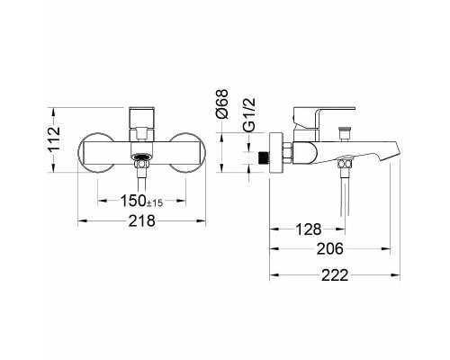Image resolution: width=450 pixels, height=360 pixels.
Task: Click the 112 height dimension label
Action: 55,139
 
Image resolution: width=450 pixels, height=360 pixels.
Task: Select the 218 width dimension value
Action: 142,221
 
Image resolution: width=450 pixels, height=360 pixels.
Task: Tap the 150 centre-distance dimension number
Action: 133,201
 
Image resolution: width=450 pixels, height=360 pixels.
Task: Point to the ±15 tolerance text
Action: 155,203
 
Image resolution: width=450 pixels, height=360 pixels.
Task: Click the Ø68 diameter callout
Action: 222,103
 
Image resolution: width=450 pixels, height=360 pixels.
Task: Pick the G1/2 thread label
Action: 249,115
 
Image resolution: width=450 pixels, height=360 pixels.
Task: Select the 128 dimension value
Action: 309,229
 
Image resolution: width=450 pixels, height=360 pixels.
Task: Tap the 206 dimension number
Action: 329,248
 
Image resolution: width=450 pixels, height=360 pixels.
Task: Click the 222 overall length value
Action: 335,275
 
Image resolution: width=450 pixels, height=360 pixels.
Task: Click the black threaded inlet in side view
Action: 264,157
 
